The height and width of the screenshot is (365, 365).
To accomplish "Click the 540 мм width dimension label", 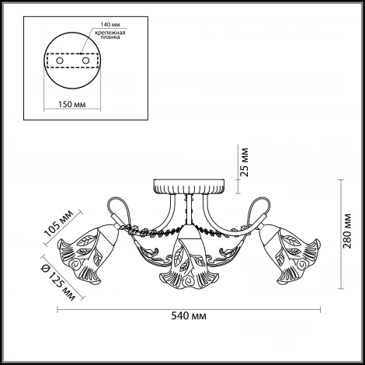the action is [x=189, y=316].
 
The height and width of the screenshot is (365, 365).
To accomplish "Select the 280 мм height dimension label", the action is [x=347, y=231].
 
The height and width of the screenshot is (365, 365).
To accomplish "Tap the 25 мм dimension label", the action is [x=244, y=162].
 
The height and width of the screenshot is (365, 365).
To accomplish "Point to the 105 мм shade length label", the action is [x=59, y=224].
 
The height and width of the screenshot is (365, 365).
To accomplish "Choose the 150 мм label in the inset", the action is [x=71, y=104].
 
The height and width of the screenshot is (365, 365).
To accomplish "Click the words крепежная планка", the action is [x=110, y=35].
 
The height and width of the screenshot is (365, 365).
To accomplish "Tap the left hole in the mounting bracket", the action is [x=60, y=61].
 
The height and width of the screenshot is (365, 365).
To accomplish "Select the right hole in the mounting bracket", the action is [x=85, y=61].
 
